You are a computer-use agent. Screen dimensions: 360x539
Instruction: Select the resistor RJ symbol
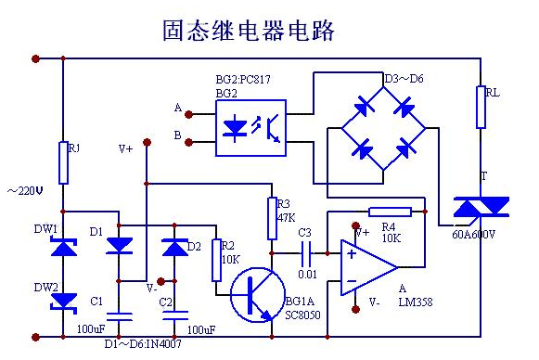click(63, 162)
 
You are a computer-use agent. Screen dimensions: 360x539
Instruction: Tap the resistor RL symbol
click(481, 107)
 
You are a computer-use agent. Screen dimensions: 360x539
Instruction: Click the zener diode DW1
click(63, 248)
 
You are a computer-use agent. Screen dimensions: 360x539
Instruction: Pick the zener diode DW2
click(63, 300)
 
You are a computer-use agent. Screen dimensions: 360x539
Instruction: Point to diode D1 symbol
click(119, 245)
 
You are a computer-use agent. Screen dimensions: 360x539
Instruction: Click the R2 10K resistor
click(216, 256)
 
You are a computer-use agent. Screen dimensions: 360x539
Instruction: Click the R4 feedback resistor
click(390, 212)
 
